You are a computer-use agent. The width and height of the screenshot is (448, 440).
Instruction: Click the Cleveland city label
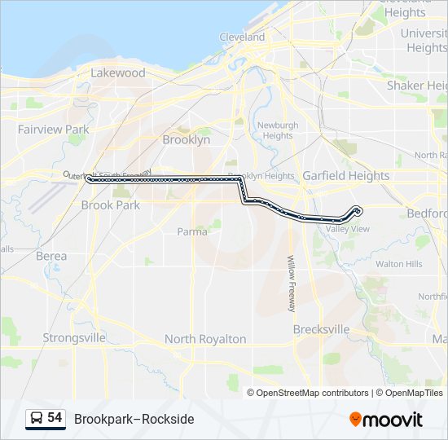[x=242, y=37]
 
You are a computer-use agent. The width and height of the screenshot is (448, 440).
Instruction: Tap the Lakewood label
[x=118, y=73]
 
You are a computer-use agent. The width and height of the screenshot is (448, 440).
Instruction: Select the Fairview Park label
[x=54, y=130]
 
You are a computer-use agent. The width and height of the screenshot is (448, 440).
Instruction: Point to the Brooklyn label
[x=187, y=140]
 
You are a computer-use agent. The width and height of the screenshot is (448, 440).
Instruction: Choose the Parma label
[x=192, y=231]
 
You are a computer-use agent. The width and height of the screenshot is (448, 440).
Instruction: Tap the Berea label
[x=51, y=256]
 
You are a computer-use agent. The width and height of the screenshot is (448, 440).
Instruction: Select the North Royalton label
[x=205, y=339]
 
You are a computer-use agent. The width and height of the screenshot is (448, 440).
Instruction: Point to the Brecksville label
[x=321, y=330]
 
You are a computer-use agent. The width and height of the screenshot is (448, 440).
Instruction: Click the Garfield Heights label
[x=346, y=176]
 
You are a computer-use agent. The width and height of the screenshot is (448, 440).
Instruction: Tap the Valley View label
[x=348, y=230]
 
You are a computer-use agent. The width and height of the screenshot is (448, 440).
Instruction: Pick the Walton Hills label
[x=398, y=264]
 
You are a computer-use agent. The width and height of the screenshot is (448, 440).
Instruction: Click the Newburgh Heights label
[x=278, y=130]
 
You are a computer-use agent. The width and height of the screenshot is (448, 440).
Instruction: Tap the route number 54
[x=55, y=418]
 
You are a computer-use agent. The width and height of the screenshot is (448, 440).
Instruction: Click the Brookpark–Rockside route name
[x=134, y=419]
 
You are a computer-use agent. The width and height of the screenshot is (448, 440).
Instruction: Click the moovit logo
[x=386, y=420]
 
